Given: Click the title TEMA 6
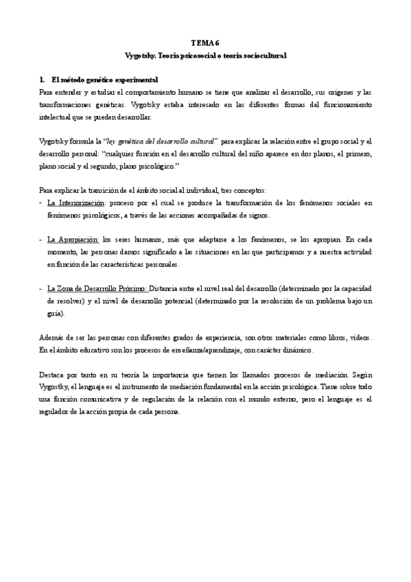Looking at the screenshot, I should [206, 42].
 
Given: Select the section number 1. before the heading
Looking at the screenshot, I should [42, 80].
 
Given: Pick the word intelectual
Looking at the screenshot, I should [56, 117].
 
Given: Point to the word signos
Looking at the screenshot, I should [259, 215].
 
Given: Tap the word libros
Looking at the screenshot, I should [332, 338].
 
